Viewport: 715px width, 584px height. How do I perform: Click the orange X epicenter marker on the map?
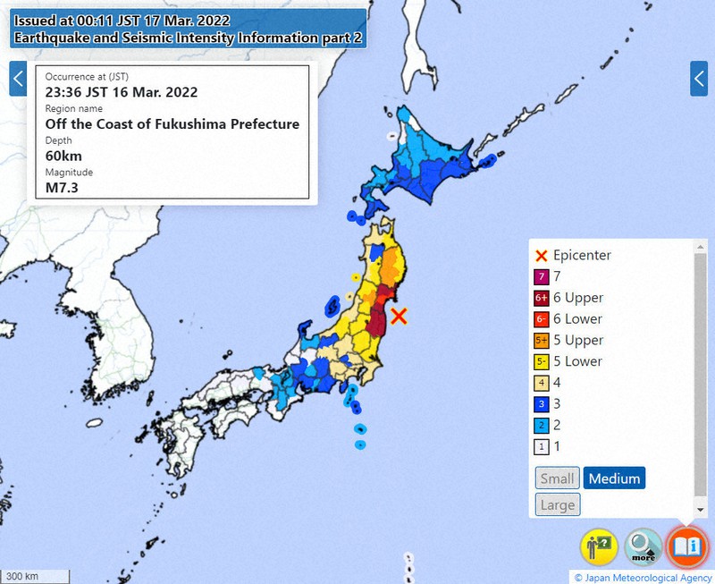(x=400, y=315)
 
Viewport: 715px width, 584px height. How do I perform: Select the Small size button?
(x=557, y=478)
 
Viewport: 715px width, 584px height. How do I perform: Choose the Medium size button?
(x=614, y=478)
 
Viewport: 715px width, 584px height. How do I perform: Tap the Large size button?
(x=557, y=504)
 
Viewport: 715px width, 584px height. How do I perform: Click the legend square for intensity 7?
(x=541, y=277)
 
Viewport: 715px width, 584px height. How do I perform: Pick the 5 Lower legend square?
(x=541, y=362)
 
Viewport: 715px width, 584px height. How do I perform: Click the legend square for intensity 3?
(x=541, y=404)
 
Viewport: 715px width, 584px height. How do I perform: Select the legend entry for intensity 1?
(x=541, y=446)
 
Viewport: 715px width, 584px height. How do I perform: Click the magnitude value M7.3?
(x=63, y=187)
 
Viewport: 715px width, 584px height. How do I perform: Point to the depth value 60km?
(x=63, y=157)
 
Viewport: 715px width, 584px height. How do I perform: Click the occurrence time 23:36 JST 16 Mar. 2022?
(x=122, y=92)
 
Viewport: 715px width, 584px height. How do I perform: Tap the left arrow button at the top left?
(x=17, y=79)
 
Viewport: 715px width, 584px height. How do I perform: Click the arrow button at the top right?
(x=699, y=79)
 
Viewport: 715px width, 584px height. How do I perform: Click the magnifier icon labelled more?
(x=643, y=546)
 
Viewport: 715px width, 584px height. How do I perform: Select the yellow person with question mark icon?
(x=600, y=546)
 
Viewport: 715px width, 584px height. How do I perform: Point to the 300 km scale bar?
(x=35, y=576)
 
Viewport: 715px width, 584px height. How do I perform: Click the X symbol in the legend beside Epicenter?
(x=541, y=256)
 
